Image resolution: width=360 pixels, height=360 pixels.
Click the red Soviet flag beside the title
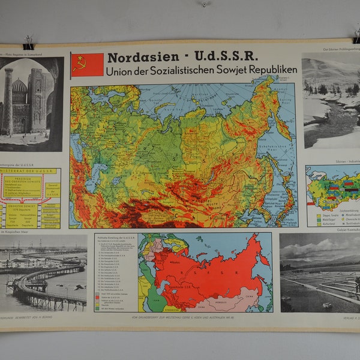[88, 65]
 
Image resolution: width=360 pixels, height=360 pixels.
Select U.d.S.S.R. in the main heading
[226, 58]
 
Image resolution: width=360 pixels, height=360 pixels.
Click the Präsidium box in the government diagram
[23, 185]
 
